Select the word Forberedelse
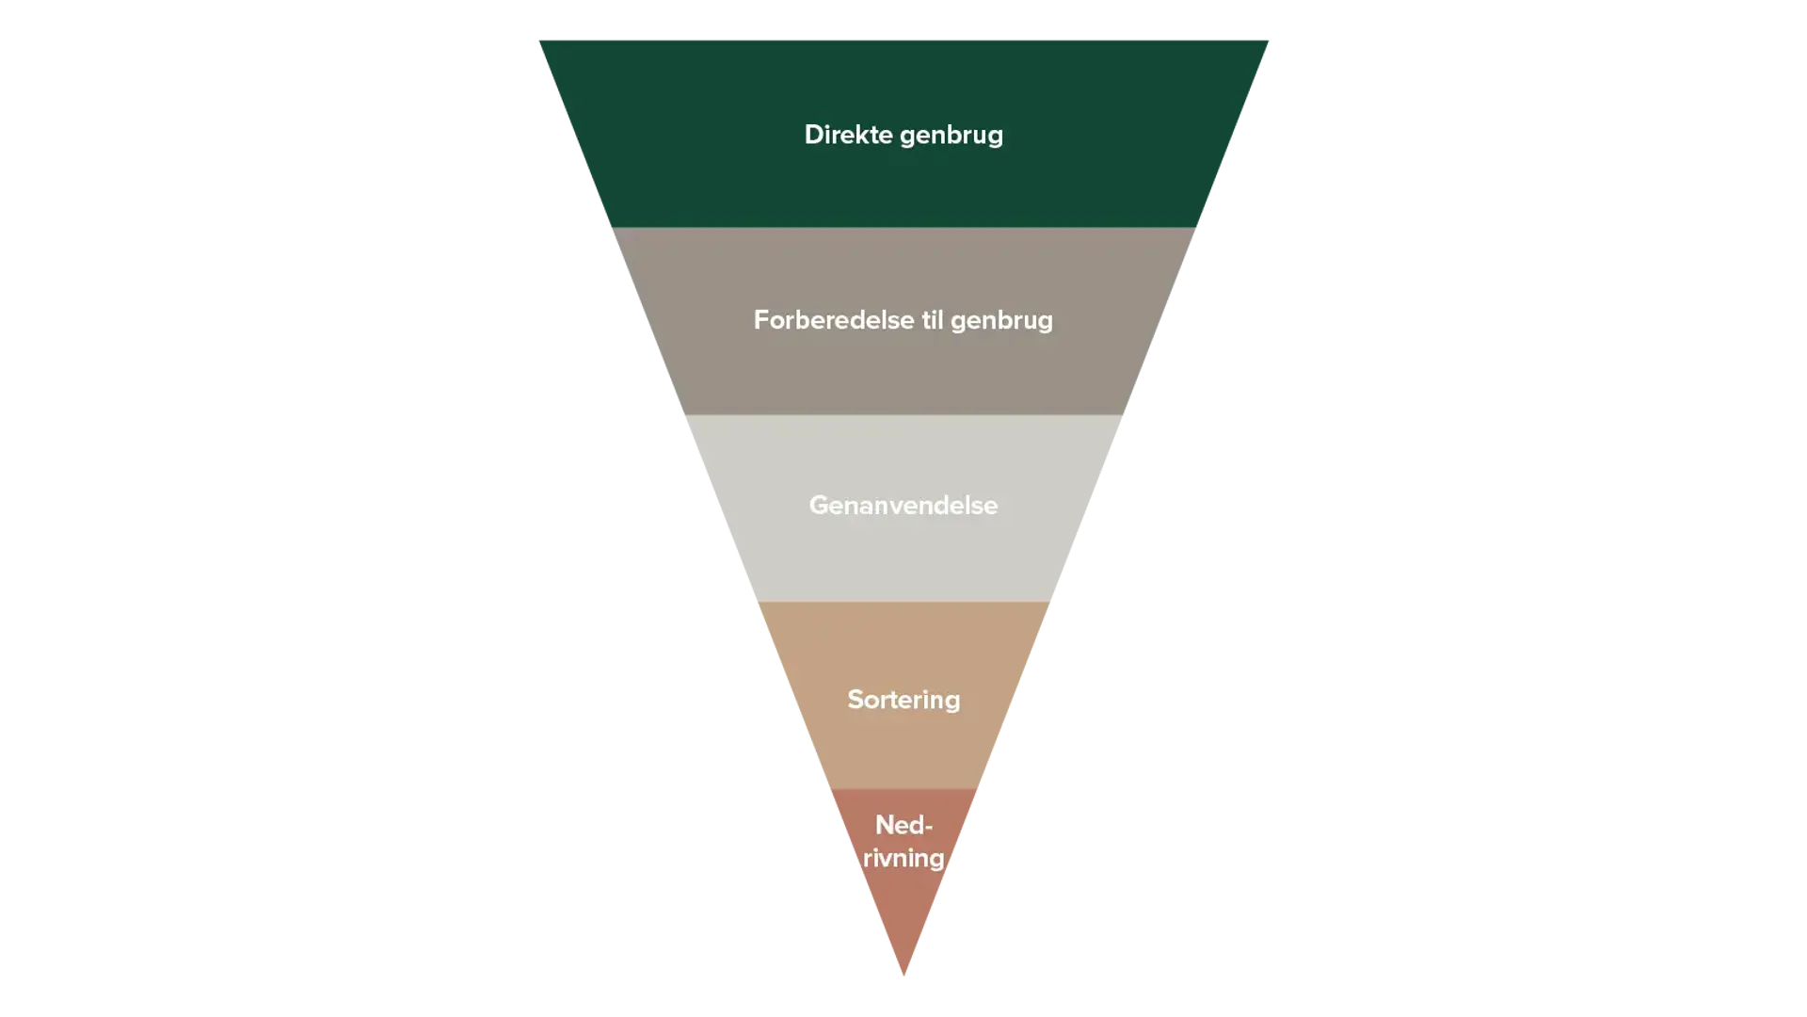pos(833,320)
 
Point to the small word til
pos(932,320)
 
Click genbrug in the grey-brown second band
pos(1001,322)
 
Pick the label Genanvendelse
pos(903,506)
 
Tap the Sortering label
pos(903,700)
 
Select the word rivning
pos(903,859)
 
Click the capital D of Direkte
pos(813,135)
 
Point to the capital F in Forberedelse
pos(761,320)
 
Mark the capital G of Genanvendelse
pos(820,506)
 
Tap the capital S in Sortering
pos(856,700)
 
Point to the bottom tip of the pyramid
pos(903,975)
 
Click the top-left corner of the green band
pos(540,40)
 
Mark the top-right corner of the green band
pos(1267,40)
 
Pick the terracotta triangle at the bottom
pos(903,913)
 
